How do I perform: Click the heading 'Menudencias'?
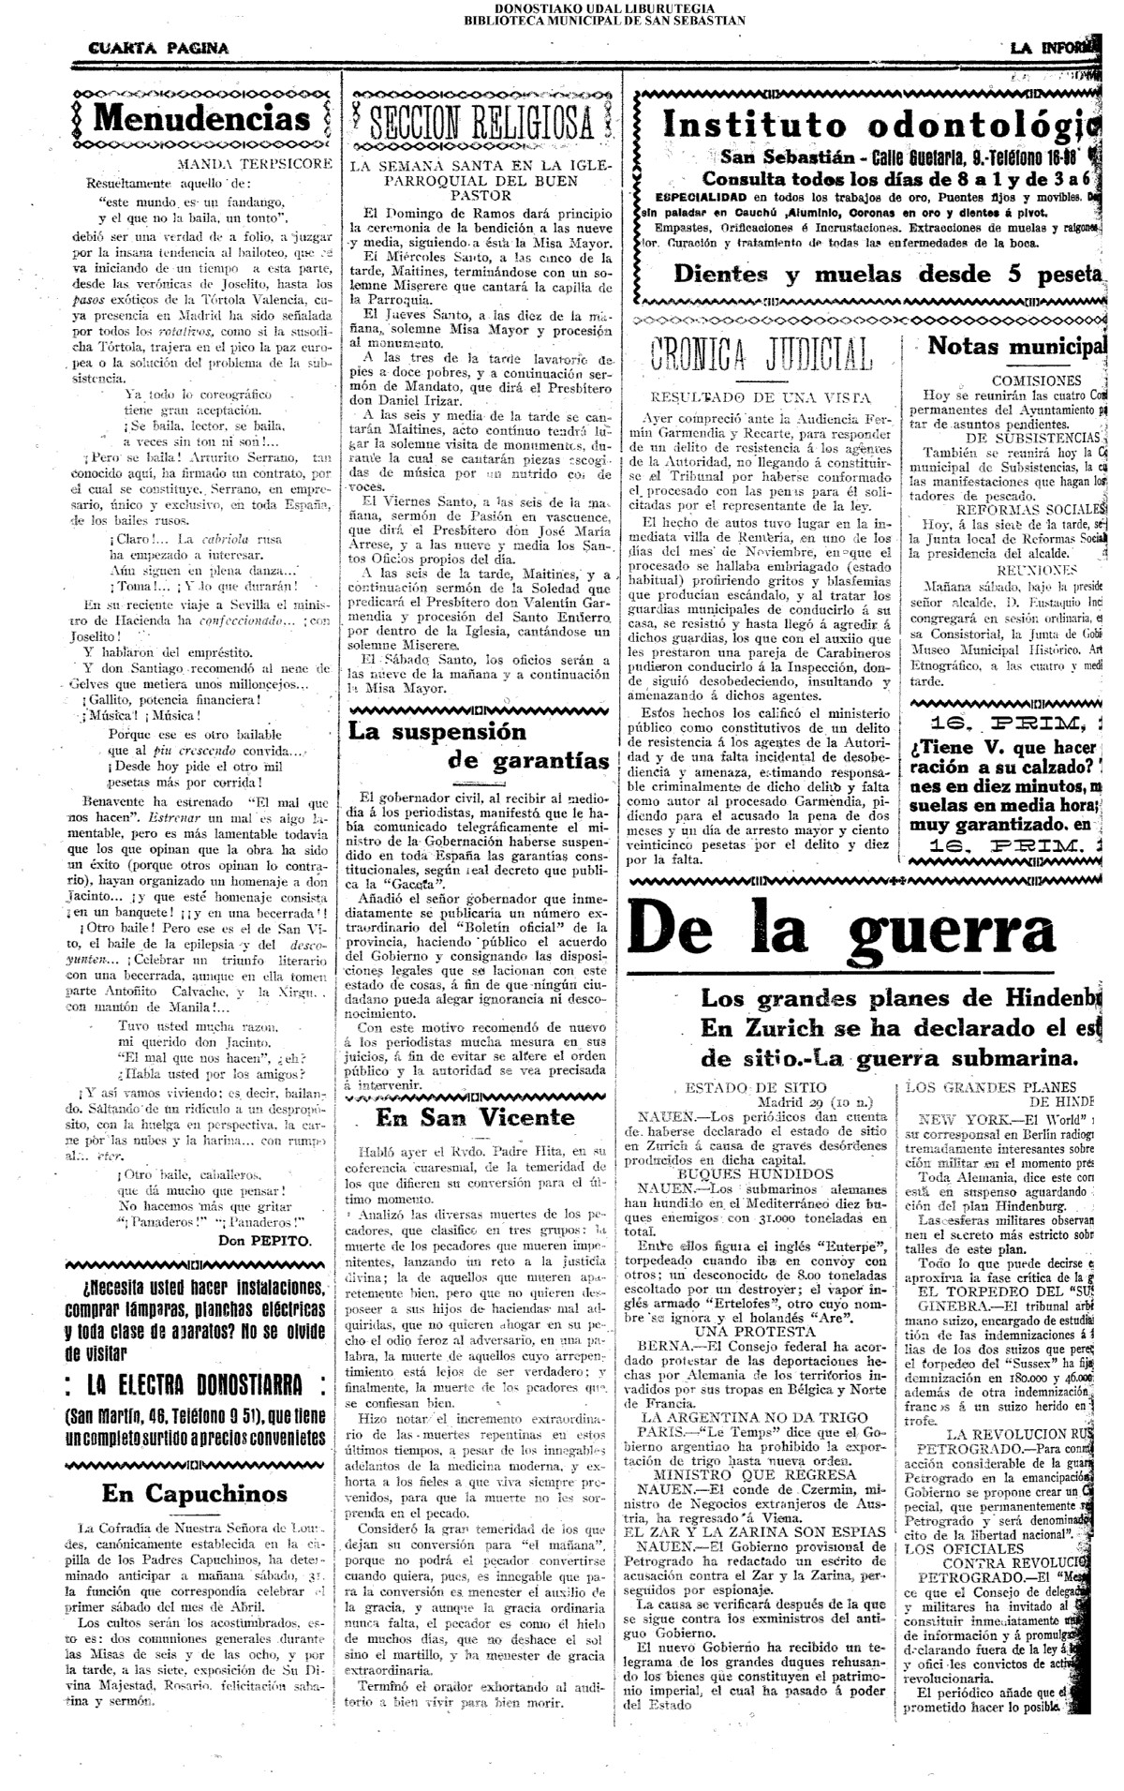coord(202,119)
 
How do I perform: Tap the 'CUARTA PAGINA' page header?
coord(158,49)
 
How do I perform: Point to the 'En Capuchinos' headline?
coord(195,1492)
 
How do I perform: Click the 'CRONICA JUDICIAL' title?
coord(761,354)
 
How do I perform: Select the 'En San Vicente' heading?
coord(475,1117)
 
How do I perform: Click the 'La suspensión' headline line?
coord(437,731)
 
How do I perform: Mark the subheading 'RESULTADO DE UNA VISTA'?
coord(760,397)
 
